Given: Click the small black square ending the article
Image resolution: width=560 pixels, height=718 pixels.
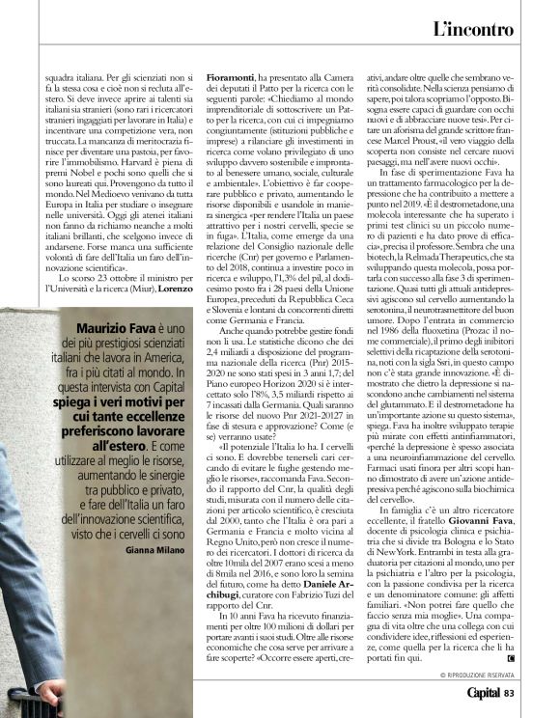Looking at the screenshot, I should pyautogui.click(x=510, y=657).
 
